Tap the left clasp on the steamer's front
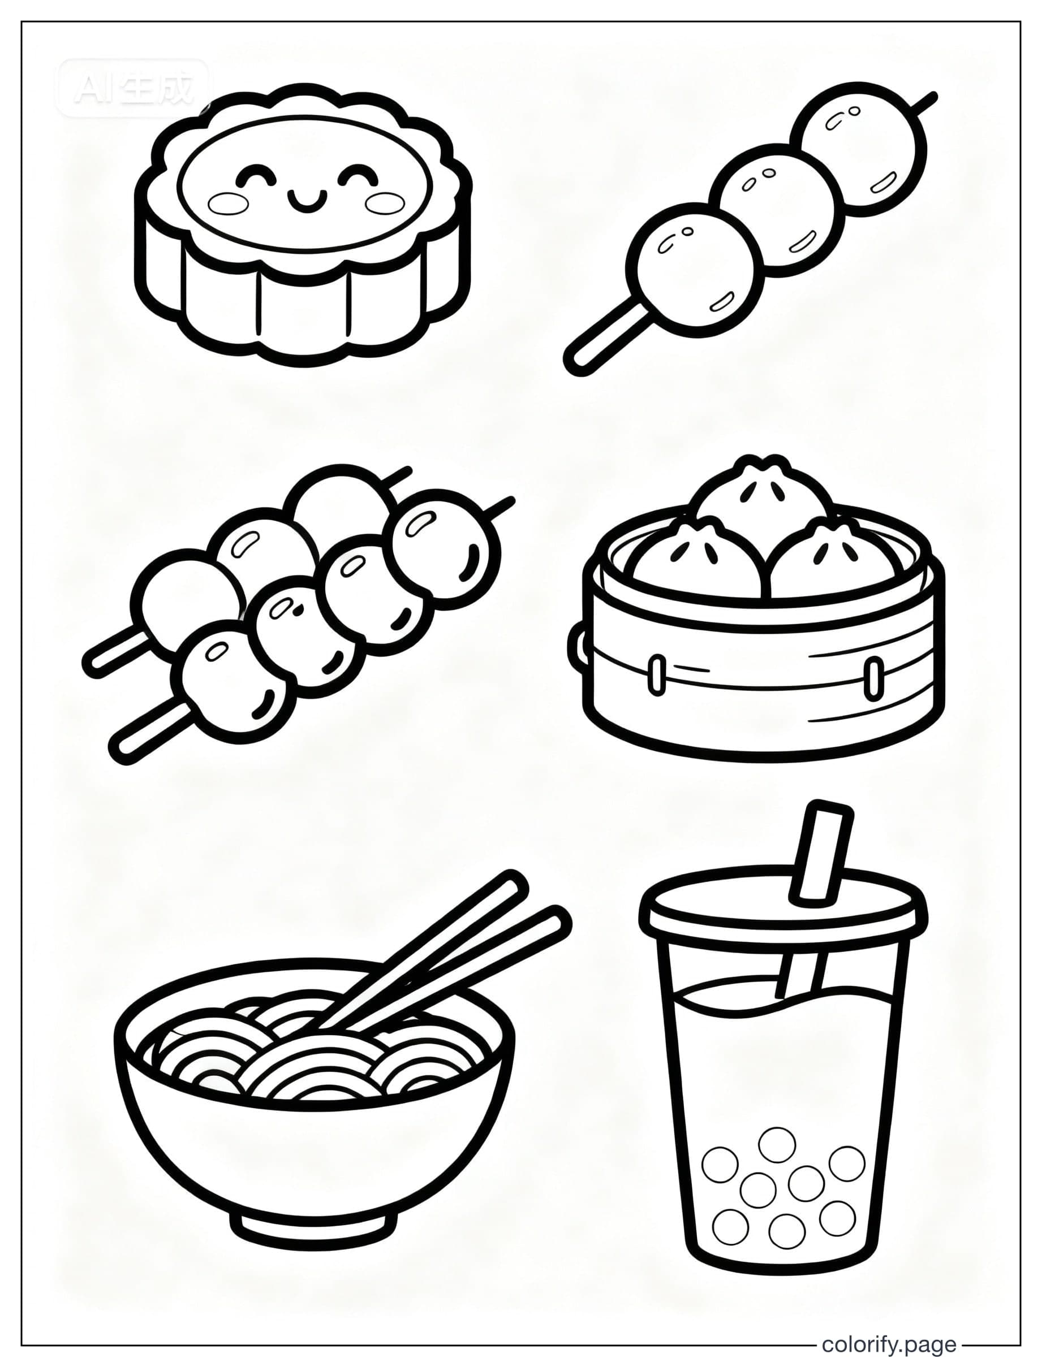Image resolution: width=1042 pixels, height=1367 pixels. pos(656,674)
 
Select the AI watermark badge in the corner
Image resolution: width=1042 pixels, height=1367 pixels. pos(134,89)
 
